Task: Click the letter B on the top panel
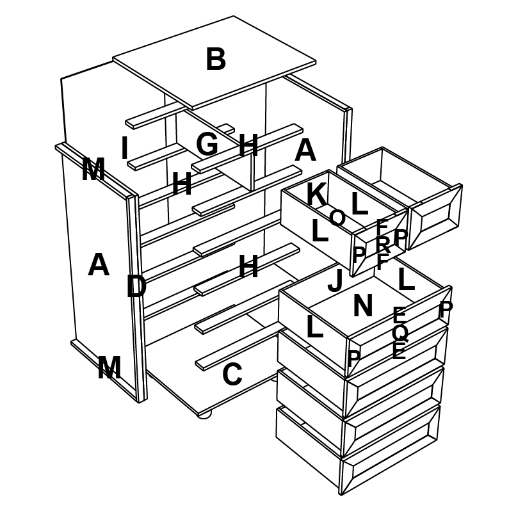coord(216,60)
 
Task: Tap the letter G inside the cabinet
coord(207,145)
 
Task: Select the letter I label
coord(125,149)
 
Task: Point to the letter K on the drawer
coord(315,195)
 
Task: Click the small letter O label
coord(337,218)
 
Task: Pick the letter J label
coord(335,280)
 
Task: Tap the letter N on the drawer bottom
coord(363,306)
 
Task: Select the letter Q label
coord(400,333)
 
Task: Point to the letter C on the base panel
coord(232,375)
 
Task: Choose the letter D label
coord(136,287)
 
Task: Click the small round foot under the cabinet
coord(205,415)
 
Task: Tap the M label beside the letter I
coord(93,170)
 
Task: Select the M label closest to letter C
coord(109,368)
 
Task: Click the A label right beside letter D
coord(98,265)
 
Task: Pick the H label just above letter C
coord(248,267)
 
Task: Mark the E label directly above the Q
coord(399,315)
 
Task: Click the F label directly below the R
coord(382,262)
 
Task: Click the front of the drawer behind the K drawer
coord(435,215)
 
